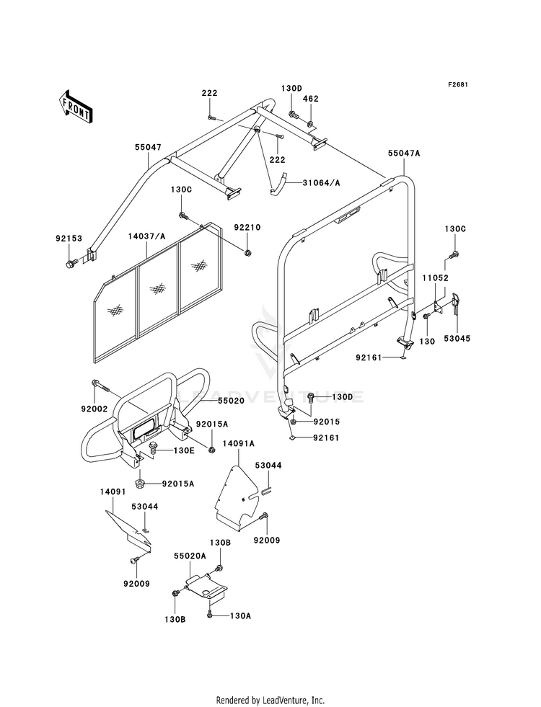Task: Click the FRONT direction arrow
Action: click(76, 107)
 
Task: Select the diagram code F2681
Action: click(457, 84)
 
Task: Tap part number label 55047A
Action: click(404, 154)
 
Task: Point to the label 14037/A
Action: click(146, 236)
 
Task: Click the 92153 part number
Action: click(69, 239)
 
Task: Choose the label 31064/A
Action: click(321, 182)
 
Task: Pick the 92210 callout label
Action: click(247, 227)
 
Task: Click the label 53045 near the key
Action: click(457, 339)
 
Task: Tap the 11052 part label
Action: click(436, 278)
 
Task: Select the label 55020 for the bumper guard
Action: click(231, 401)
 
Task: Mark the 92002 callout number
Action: click(94, 409)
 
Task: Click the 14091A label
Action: click(238, 444)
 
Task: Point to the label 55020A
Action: click(190, 556)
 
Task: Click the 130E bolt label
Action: click(184, 450)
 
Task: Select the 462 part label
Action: click(310, 99)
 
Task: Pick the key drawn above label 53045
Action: click(456, 301)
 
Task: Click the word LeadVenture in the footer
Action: click(284, 700)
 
